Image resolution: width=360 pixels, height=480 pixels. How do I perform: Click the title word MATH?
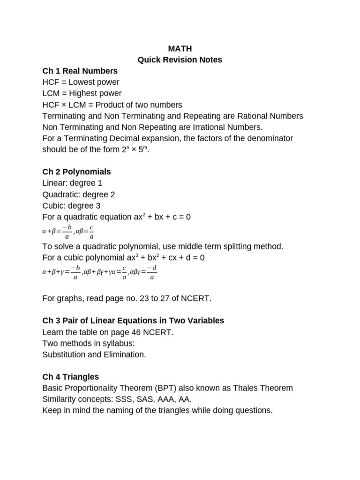(180, 48)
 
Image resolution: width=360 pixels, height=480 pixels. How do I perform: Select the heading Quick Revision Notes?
(180, 60)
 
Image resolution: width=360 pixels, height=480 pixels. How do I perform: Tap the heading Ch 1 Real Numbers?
(80, 71)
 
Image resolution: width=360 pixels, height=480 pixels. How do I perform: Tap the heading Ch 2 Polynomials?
(76, 172)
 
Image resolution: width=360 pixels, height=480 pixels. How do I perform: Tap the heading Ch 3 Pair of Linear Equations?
(133, 321)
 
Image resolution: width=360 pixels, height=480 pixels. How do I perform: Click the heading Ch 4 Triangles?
(70, 377)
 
